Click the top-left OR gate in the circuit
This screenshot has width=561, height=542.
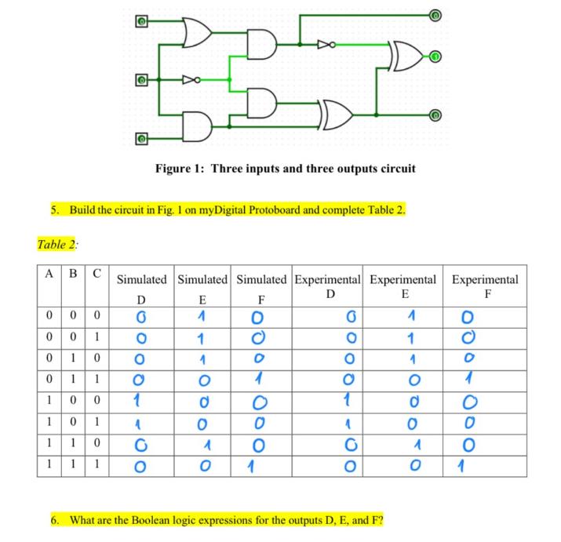pos(195,31)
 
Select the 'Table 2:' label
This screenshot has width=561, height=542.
pos(57,245)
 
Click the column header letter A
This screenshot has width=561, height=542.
pos(49,275)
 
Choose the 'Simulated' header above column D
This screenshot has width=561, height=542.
pos(141,279)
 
